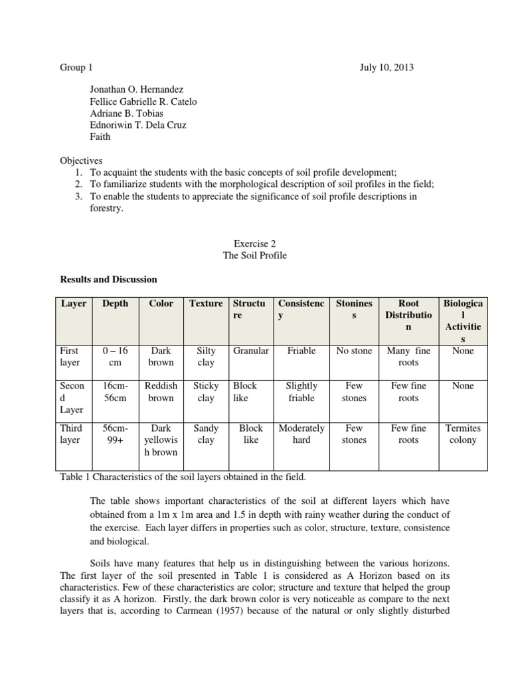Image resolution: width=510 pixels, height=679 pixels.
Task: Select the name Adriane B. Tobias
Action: (x=127, y=113)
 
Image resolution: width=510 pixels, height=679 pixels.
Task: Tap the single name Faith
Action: (x=101, y=137)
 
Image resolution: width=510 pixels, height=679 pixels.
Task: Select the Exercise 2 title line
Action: (x=255, y=243)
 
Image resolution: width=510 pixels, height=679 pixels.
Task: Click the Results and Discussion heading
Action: (x=109, y=279)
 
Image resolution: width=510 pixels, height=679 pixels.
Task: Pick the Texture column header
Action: (x=206, y=304)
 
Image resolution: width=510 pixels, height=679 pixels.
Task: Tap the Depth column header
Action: (x=116, y=304)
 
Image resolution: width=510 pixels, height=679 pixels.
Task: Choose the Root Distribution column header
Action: (x=408, y=315)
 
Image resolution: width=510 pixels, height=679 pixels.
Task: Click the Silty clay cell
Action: (x=206, y=357)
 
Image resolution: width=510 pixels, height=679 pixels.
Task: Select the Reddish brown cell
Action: (x=161, y=392)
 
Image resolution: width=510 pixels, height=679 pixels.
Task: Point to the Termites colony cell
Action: (x=463, y=434)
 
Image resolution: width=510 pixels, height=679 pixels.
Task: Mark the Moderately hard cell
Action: (x=301, y=434)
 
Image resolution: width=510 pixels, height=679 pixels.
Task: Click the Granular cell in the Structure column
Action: (x=251, y=351)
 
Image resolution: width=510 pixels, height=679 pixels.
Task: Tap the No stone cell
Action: (x=354, y=351)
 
